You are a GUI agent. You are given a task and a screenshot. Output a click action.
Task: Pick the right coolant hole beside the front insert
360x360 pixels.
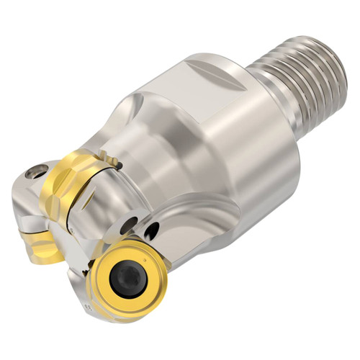coord(151,230)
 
